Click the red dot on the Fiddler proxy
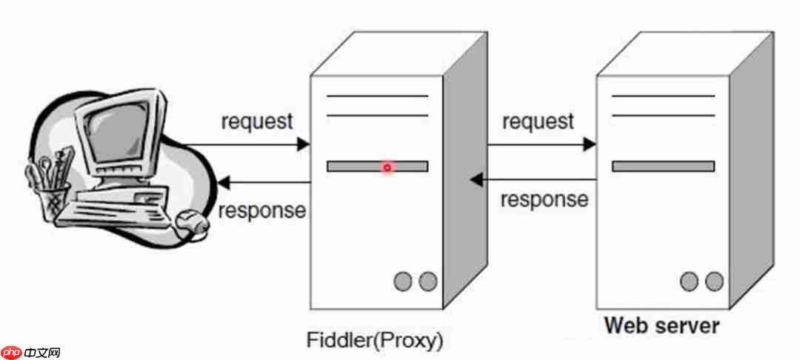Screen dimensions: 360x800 tap(387, 167)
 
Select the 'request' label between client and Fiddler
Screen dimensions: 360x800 tap(257, 121)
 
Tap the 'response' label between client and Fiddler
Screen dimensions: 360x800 tap(261, 210)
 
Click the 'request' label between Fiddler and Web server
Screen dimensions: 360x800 tap(538, 121)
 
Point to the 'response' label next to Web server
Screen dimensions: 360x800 tap(544, 199)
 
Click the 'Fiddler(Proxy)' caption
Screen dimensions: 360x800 tap(375, 341)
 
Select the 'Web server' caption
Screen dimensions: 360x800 tap(661, 325)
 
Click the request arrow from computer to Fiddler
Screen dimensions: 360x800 tap(244, 144)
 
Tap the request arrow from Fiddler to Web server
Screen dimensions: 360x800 tap(541, 144)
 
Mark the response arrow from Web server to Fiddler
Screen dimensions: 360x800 tap(533, 179)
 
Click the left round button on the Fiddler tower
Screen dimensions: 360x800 tap(403, 281)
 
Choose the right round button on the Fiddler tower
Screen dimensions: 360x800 tap(427, 281)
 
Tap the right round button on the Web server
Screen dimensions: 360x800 tap(713, 281)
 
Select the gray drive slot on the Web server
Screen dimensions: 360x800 tap(663, 167)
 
